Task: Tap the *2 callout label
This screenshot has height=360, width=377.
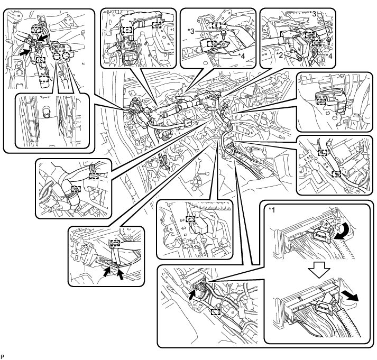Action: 279,54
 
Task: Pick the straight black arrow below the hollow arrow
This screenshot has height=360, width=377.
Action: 350,294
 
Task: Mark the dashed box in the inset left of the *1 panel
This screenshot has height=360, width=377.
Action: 215,311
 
